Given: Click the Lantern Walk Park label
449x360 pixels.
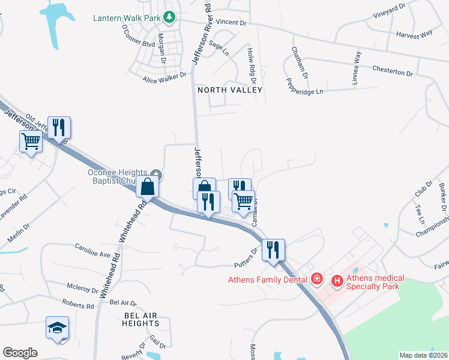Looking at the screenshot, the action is tap(126, 17).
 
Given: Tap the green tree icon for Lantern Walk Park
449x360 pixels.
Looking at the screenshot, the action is tap(170, 17).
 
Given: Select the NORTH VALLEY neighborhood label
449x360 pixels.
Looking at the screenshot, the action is tap(231, 90).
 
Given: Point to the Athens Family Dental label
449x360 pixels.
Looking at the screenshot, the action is tap(267, 279).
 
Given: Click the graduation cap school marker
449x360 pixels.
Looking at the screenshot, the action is tap(58, 328).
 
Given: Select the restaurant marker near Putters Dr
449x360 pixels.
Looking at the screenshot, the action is tap(273, 250).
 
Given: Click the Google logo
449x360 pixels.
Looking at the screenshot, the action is tap(20, 352).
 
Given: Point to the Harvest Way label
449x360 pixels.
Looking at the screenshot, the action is tap(414, 34).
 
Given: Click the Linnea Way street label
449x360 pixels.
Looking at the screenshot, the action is tap(358, 67).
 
